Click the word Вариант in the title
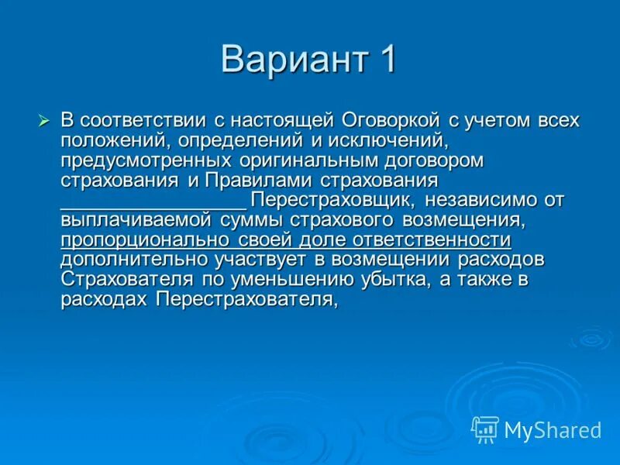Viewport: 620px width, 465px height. coord(294,60)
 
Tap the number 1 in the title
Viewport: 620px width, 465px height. coord(386,59)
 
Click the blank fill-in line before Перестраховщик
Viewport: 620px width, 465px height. coord(153,208)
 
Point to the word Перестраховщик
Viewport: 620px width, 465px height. coord(333,201)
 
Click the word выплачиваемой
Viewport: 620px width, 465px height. coord(136,220)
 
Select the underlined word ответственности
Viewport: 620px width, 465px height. coord(432,240)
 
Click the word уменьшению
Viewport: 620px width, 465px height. coord(293,280)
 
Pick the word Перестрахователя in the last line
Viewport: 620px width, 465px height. coord(247,300)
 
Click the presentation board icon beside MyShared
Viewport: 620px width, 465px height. coord(486,430)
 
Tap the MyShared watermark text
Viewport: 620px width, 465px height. coord(553,430)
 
